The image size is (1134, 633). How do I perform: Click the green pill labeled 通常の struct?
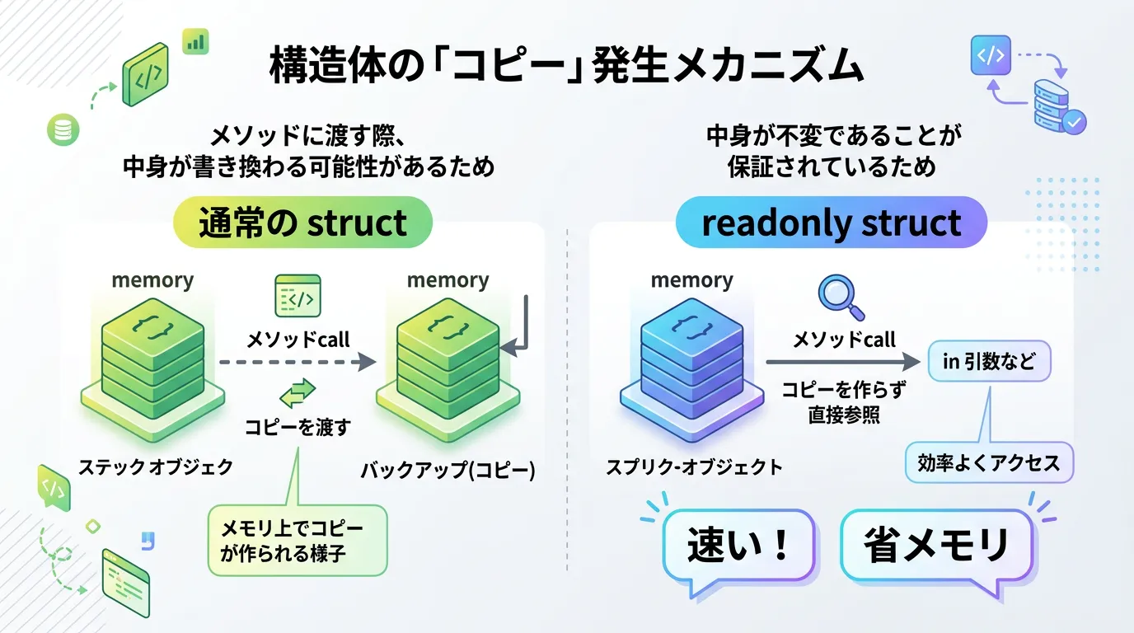[x=302, y=223]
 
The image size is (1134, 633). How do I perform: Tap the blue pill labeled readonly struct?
[x=832, y=223]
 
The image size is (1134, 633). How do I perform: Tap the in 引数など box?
[x=989, y=361]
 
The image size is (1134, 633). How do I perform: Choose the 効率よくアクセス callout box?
[x=989, y=463]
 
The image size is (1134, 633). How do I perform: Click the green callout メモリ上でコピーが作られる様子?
[x=298, y=541]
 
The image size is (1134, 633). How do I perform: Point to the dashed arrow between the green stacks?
[x=298, y=362]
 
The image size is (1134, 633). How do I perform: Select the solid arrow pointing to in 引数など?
[x=843, y=362]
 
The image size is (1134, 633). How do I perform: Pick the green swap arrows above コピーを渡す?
[x=298, y=393]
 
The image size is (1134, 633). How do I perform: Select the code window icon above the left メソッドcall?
[x=298, y=296]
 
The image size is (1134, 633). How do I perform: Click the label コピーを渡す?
[x=298, y=427]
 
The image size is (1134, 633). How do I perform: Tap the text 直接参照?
[x=843, y=415]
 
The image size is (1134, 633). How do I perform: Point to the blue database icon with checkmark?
[x=1058, y=108]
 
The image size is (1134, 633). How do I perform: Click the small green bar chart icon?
[x=195, y=41]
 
